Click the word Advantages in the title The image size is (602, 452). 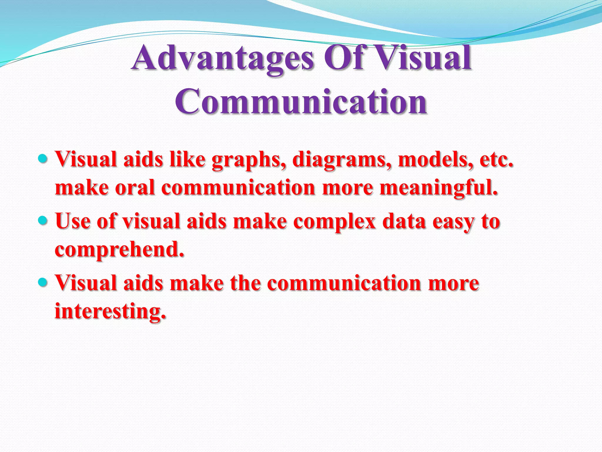223,58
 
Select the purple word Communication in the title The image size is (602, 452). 301,102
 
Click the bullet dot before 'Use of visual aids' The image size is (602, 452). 43,220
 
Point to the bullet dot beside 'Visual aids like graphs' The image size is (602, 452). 43,159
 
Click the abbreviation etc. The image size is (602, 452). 496,159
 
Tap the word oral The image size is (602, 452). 135,188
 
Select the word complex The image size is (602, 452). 335,222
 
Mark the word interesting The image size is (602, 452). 110,311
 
